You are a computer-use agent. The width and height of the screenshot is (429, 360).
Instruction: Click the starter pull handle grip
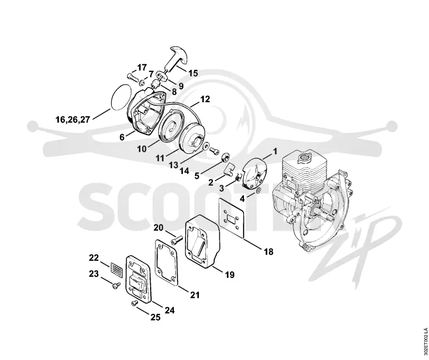176,60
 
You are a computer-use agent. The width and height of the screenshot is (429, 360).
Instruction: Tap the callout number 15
193,73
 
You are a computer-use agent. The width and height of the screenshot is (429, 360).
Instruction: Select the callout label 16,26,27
73,120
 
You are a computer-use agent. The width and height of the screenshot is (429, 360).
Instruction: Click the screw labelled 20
176,240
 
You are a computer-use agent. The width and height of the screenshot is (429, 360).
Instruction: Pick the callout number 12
205,99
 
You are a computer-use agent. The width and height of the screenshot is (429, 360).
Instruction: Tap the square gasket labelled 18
232,217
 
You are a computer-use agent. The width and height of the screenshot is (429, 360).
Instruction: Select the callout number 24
169,310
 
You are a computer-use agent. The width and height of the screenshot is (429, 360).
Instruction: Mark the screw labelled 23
116,285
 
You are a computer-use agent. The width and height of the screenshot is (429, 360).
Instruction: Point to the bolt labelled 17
133,77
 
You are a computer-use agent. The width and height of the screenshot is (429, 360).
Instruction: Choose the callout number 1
275,151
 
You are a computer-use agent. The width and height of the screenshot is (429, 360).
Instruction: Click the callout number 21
195,295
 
